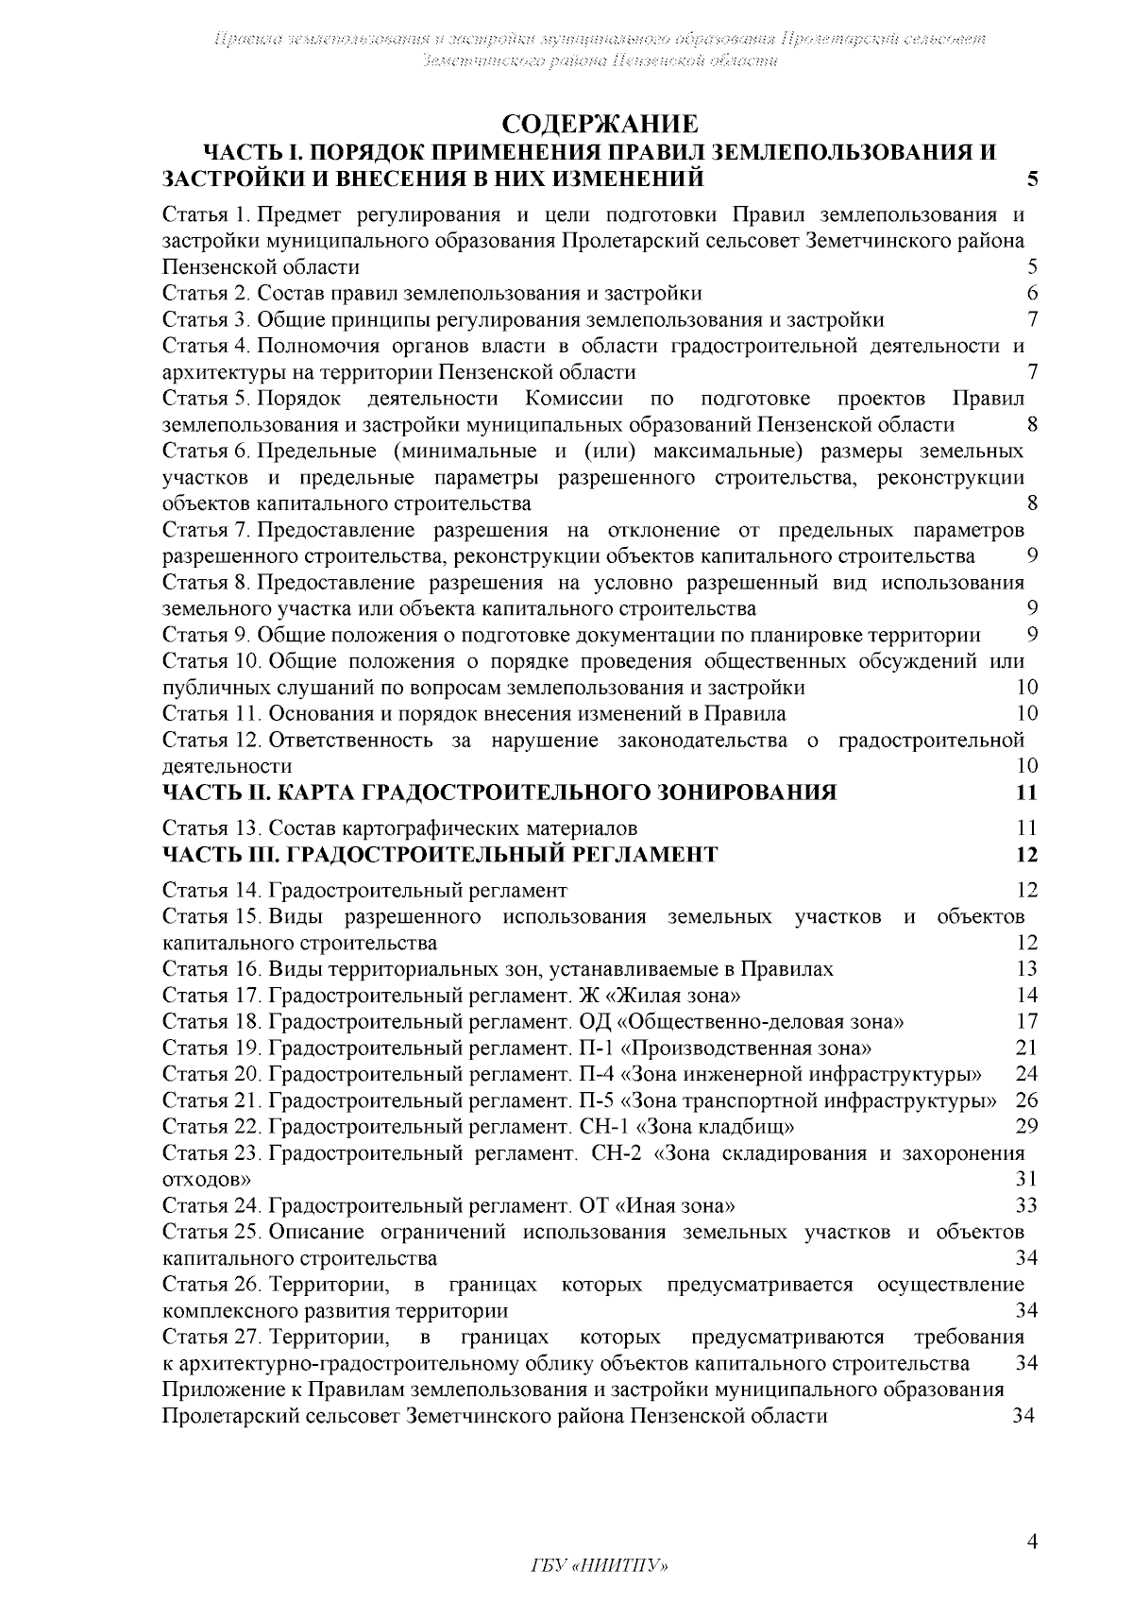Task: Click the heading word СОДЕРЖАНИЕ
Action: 600,125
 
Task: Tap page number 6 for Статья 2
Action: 1032,293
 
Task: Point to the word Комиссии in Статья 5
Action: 574,398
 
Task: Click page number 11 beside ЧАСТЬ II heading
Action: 1026,792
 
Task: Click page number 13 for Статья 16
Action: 1026,968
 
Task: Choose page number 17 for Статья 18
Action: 1026,1021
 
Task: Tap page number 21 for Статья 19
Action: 1026,1048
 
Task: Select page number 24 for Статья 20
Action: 1026,1074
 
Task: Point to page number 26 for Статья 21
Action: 1026,1100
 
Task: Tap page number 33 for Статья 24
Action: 1026,1205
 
